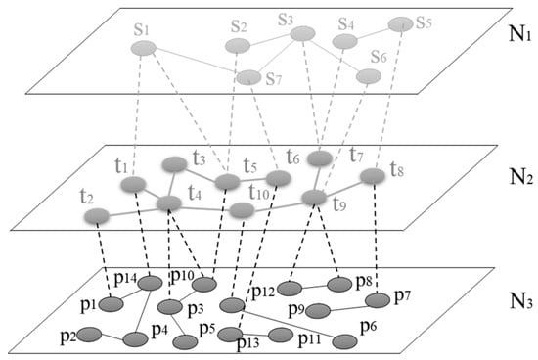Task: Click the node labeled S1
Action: [144, 48]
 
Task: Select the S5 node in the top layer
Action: [400, 24]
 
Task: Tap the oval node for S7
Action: [248, 77]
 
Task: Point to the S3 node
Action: [302, 33]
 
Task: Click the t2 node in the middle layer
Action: [97, 216]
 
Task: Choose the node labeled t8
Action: [373, 176]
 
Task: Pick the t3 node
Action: [175, 164]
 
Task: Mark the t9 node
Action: [314, 198]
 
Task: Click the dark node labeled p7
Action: [378, 300]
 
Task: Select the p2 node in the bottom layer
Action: [89, 335]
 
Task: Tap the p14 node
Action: [150, 283]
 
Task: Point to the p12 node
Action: [290, 289]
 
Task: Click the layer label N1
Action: [520, 34]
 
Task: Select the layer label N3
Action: [521, 301]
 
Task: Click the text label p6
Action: [368, 327]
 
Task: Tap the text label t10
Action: [259, 192]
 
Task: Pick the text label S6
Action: [379, 57]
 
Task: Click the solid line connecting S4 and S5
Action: [373, 33]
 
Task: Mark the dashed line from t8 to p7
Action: [376, 238]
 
